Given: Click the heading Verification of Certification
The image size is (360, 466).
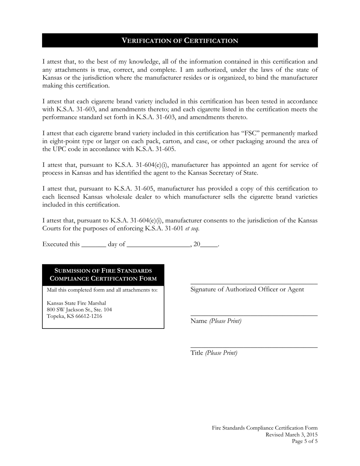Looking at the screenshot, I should click(180, 41).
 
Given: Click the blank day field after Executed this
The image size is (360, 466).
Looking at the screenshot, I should click(94, 244).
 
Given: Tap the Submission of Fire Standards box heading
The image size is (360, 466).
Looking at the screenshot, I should click(103, 275).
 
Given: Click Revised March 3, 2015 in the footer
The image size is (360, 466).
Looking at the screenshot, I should click(291, 435).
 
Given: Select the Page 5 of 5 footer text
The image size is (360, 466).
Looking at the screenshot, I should click(305, 441).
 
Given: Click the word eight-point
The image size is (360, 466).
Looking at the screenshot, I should click(65, 141).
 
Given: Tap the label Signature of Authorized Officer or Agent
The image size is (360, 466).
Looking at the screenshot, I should click(247, 289).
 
